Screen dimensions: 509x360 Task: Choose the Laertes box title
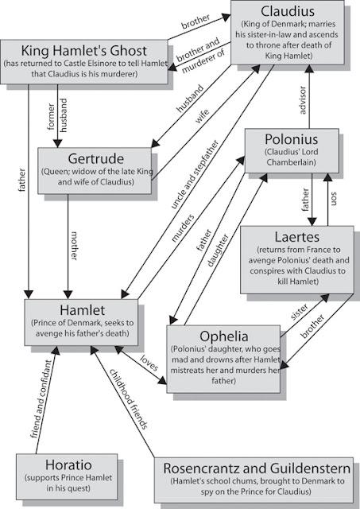coord(297,236)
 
